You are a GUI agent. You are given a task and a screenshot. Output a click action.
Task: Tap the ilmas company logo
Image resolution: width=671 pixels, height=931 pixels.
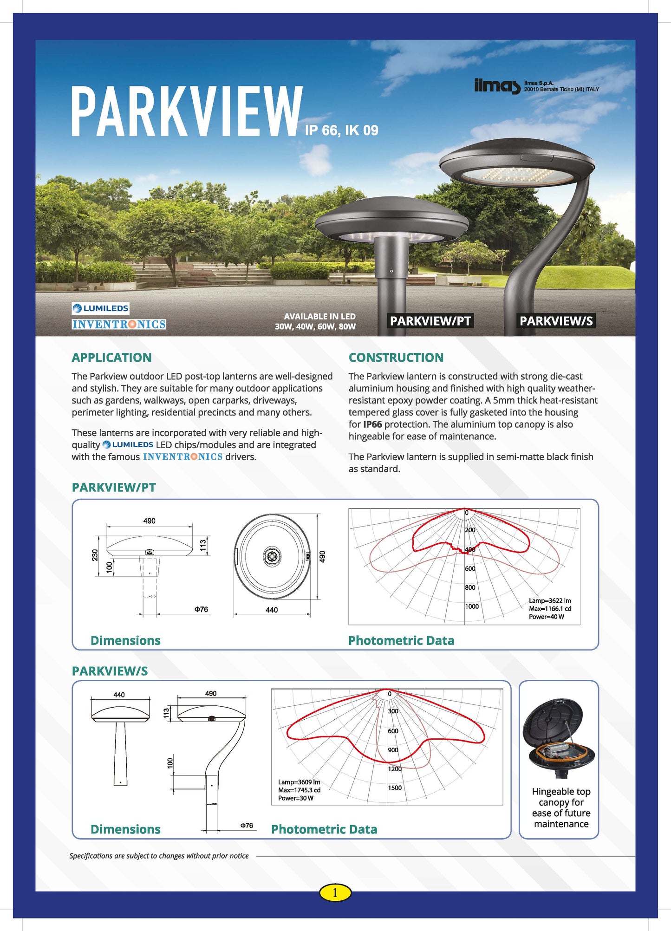click(497, 86)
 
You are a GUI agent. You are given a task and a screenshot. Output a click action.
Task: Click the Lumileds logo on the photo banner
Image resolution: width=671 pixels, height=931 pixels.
click(100, 308)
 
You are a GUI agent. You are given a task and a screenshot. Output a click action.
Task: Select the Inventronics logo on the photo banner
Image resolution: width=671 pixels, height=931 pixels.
click(119, 324)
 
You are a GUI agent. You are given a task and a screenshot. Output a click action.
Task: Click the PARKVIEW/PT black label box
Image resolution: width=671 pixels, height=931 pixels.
click(430, 321)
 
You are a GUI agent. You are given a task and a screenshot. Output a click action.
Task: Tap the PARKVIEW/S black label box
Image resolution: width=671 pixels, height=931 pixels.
click(556, 321)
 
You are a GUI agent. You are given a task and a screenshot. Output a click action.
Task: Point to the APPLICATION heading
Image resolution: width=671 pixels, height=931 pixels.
click(111, 358)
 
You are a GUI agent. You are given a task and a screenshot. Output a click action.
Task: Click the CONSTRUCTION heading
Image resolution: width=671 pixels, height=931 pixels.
click(396, 358)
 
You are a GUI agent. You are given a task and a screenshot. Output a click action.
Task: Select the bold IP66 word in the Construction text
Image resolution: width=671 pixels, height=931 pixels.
click(372, 424)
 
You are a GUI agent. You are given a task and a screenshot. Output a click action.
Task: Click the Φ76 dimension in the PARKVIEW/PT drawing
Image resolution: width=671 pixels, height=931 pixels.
click(201, 609)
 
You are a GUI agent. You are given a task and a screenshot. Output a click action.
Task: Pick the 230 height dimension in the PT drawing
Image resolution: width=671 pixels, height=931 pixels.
click(95, 555)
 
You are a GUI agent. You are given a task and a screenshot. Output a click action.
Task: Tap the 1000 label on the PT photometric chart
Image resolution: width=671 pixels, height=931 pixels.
click(472, 606)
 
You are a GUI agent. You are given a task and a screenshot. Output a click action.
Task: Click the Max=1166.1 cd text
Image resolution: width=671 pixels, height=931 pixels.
click(550, 609)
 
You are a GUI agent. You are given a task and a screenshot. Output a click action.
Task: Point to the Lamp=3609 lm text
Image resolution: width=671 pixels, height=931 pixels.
click(299, 782)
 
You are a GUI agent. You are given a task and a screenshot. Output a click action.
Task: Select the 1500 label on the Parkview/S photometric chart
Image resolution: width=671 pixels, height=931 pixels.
click(395, 788)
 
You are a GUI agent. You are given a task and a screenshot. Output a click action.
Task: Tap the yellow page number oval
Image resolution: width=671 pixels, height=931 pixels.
click(335, 892)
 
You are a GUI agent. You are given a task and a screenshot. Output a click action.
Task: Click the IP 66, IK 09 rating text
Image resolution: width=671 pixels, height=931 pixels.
click(341, 130)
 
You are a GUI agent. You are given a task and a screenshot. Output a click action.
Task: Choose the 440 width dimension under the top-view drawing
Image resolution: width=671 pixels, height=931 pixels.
click(272, 610)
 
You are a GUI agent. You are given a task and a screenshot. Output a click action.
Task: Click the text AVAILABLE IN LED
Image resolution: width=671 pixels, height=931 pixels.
click(319, 316)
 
